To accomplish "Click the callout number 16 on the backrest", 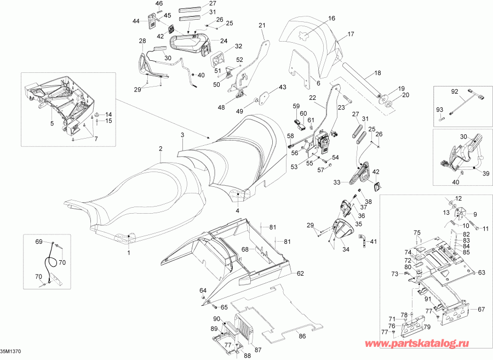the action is click(x=332, y=19).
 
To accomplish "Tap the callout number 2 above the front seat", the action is click(x=160, y=148).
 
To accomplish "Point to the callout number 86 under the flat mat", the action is click(x=302, y=336).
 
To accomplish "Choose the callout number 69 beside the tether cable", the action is click(x=39, y=242).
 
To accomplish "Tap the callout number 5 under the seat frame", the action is click(x=52, y=123).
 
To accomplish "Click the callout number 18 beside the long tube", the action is click(x=377, y=73).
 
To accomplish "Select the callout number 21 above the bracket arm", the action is click(x=262, y=25).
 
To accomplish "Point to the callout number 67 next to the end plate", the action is click(x=481, y=310).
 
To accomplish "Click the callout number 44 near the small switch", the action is click(x=136, y=21).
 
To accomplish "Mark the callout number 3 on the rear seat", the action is click(x=182, y=135).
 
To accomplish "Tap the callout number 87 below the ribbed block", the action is click(x=258, y=350).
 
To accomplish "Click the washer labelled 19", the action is click(x=383, y=96).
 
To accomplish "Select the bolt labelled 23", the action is click(x=347, y=99).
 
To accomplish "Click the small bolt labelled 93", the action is click(x=442, y=119).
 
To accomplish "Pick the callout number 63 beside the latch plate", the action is click(x=481, y=272).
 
